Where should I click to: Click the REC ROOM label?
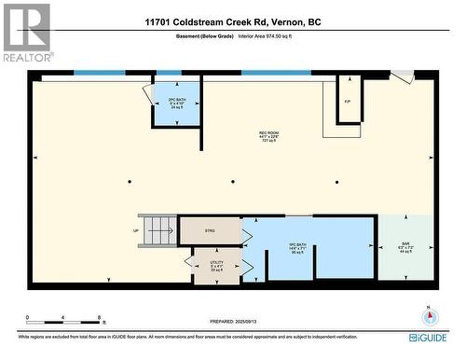tap(270, 138)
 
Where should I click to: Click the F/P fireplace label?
tap(347, 100)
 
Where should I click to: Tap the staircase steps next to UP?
tap(161, 228)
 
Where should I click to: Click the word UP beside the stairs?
tap(136, 229)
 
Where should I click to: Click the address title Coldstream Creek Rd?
tap(233, 21)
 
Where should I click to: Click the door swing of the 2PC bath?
tap(149, 94)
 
